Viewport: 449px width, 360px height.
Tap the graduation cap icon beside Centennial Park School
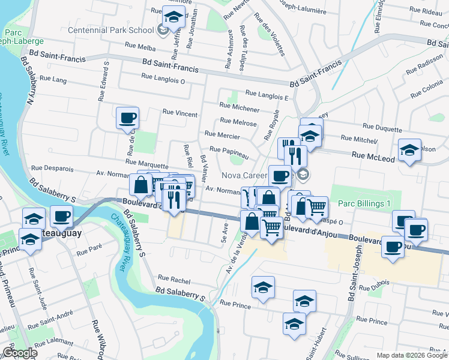click(173, 18)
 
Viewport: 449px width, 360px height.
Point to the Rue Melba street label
click(140, 45)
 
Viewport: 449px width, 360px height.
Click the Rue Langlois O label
click(162, 77)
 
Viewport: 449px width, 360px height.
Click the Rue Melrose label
click(238, 123)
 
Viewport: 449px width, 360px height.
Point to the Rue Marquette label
click(147, 163)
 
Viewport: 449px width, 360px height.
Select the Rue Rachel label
click(174, 278)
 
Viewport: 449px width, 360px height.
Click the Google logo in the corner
click(19, 353)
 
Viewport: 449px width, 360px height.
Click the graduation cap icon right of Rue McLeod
click(409, 151)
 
